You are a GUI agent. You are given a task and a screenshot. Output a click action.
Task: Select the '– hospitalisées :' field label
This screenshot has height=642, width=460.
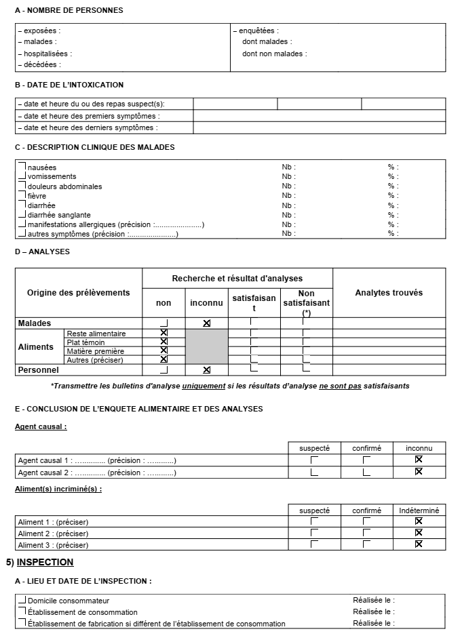point(44,54)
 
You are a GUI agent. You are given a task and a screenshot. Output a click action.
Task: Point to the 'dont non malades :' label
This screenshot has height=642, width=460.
point(274,54)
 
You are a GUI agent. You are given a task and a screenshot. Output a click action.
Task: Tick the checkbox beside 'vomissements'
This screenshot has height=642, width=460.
point(22,176)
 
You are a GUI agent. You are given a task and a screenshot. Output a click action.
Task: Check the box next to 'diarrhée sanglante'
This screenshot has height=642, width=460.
point(22,214)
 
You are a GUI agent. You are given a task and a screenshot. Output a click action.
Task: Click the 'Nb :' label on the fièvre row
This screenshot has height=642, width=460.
point(289,196)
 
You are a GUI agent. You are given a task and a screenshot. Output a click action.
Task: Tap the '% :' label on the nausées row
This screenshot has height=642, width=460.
point(394,167)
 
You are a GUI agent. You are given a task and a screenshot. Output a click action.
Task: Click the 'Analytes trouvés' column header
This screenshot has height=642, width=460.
point(389,293)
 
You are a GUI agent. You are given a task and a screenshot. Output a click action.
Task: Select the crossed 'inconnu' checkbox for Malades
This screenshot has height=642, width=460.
point(207,323)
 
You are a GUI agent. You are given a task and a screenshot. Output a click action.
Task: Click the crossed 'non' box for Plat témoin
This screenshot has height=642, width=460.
point(164,342)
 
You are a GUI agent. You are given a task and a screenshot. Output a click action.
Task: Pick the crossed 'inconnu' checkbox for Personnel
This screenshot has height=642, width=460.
point(207,369)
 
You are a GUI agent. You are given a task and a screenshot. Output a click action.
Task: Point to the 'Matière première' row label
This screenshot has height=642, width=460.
point(96,351)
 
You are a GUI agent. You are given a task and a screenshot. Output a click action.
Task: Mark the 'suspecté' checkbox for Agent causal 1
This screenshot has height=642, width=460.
point(314,460)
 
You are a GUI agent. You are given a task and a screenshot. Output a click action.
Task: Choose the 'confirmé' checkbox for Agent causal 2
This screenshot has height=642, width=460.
point(366,472)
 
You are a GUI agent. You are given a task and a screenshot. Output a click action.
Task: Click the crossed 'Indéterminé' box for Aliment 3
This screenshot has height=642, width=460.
point(419,544)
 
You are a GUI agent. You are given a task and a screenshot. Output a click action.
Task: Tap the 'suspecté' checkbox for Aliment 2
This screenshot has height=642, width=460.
point(314,532)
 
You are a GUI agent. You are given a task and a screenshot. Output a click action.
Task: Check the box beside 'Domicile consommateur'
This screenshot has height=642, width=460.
point(22,600)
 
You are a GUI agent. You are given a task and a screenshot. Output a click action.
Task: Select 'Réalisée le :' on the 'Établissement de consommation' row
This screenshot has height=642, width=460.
point(374,611)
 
